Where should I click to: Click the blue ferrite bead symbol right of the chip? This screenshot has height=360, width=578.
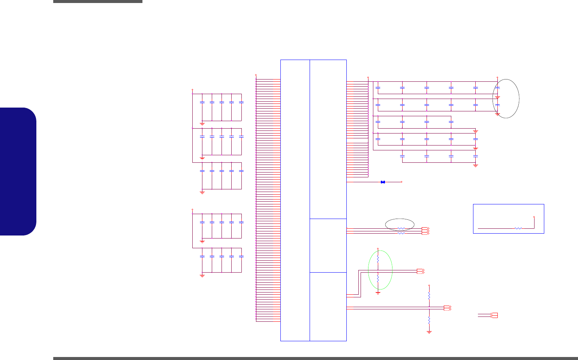383,182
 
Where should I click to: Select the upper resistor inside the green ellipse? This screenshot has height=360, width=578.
378,259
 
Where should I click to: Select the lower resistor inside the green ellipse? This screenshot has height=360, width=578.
378,279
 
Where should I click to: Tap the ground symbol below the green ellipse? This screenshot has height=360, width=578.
378,292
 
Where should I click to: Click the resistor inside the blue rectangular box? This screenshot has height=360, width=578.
519,228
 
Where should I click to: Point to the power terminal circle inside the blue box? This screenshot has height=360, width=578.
534,217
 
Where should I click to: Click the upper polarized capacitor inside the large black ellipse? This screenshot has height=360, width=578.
497,88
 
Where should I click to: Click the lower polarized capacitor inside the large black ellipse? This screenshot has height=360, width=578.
497,105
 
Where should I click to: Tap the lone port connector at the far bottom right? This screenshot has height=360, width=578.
494,315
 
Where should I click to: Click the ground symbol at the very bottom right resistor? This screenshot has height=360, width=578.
429,332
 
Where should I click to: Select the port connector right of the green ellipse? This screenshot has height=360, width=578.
421,271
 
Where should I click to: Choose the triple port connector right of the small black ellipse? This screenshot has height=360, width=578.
425,231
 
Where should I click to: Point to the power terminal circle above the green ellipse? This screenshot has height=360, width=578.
378,248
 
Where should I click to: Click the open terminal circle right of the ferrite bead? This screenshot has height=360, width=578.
401,182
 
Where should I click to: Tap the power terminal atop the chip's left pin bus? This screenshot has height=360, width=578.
256,75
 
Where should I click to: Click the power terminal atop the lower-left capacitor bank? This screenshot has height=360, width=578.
192,209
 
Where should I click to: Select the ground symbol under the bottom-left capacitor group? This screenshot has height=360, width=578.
202,276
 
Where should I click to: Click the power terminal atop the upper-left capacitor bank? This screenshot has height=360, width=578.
192,90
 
